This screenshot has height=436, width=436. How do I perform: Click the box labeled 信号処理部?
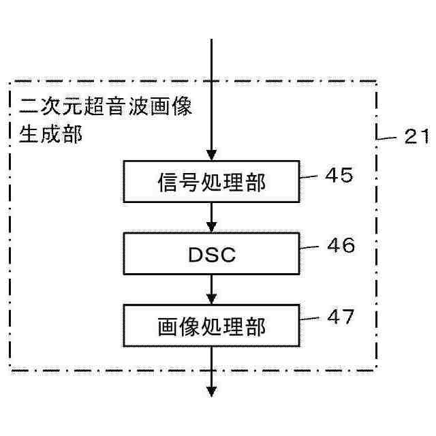[212, 182]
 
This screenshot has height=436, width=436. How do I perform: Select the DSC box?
[212, 254]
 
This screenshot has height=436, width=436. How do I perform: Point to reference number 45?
[339, 176]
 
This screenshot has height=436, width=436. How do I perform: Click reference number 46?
[340, 246]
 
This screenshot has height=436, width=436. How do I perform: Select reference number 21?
[415, 138]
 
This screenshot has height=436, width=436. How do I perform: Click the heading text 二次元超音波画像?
[106, 108]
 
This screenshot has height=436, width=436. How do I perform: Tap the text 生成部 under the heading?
[51, 134]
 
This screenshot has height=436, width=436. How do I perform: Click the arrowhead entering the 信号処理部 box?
[212, 156]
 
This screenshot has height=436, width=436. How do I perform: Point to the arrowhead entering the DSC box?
[212, 227]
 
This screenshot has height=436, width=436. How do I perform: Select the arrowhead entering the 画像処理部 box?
[212, 300]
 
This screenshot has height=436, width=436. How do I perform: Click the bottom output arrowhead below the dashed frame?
[212, 391]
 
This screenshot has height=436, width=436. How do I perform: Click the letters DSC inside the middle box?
[212, 255]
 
